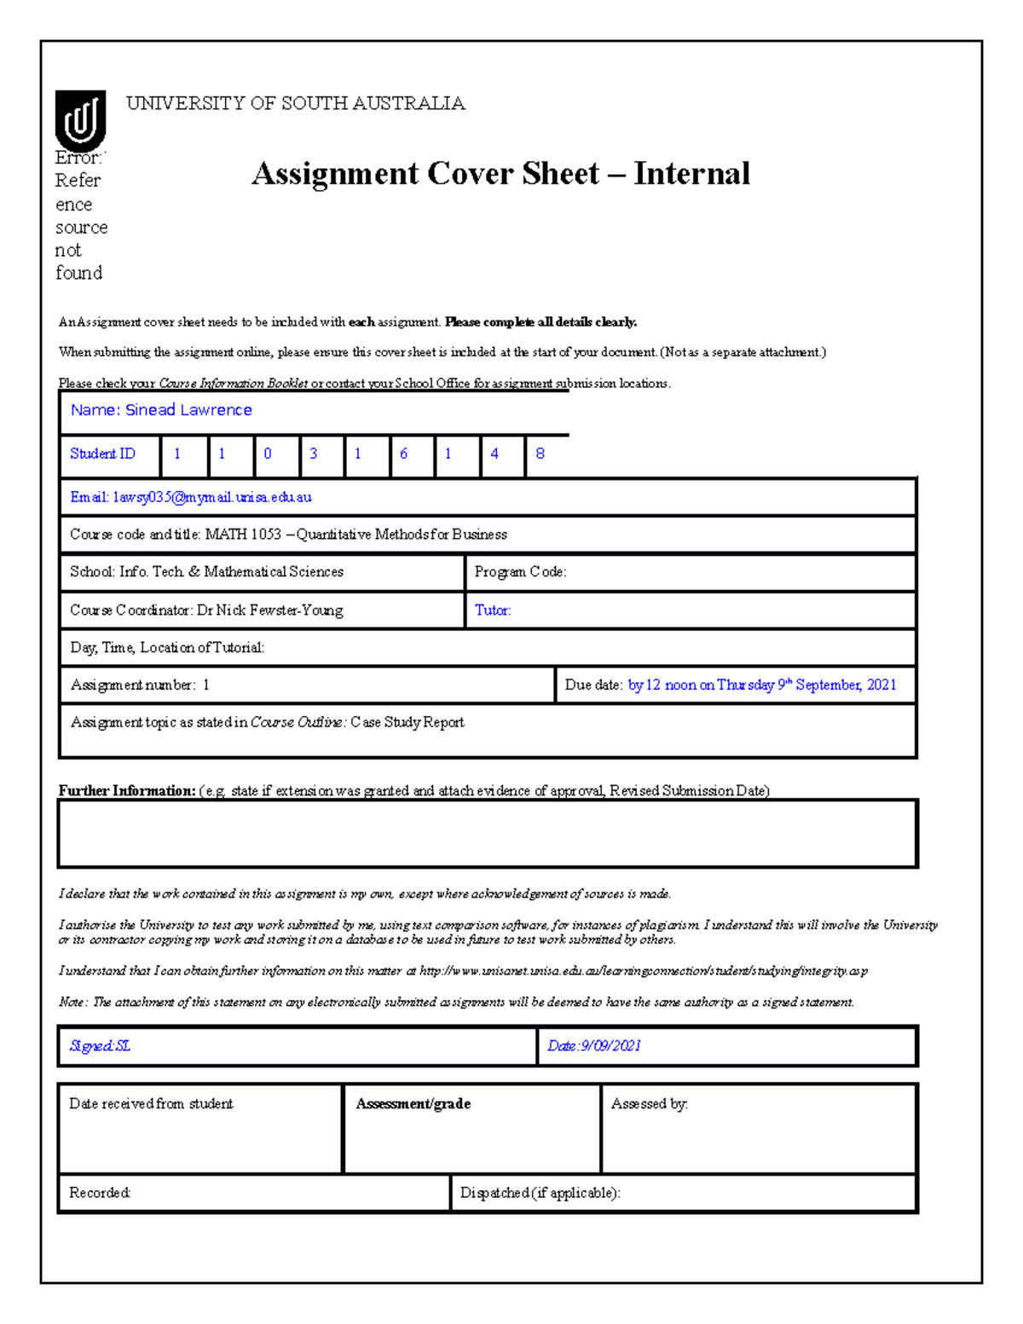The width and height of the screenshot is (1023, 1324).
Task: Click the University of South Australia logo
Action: (80, 120)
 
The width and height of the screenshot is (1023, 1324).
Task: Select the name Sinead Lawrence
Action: (188, 410)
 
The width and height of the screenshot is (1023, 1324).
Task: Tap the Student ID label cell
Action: (103, 454)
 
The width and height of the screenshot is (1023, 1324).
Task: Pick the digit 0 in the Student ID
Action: (268, 454)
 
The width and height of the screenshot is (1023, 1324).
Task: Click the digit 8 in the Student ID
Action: (540, 454)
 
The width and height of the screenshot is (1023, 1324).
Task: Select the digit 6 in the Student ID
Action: (403, 454)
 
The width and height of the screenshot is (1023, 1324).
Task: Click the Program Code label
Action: (520, 572)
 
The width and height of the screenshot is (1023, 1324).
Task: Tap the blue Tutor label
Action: (493, 610)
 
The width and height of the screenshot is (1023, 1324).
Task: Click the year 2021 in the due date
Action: (881, 685)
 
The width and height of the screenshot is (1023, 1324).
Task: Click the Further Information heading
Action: (127, 790)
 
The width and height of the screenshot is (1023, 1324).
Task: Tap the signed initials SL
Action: (123, 1046)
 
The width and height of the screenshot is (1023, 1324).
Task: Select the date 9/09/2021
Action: (610, 1046)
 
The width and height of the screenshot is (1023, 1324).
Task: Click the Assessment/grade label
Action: (413, 1104)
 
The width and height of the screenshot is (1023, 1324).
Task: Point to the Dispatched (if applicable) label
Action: (540, 1193)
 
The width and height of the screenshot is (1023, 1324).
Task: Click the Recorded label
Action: (100, 1193)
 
